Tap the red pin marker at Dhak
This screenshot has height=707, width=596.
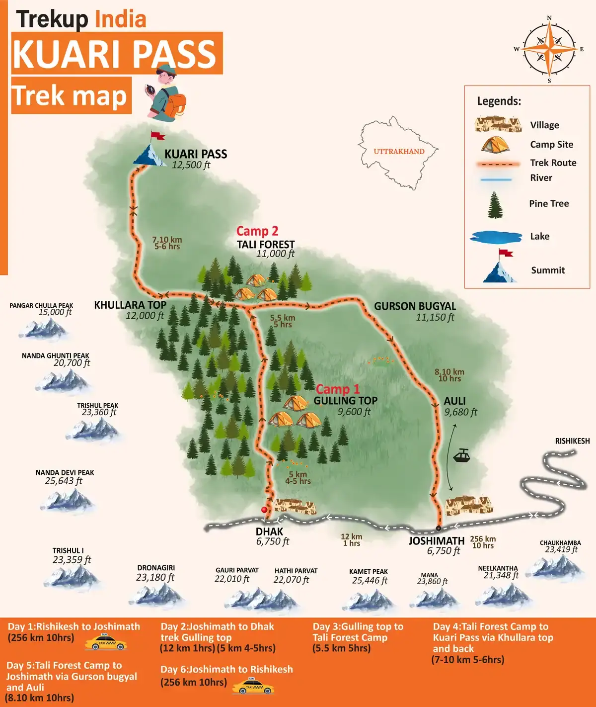264,510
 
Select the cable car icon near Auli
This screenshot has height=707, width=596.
462,455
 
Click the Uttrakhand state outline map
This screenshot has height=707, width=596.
398,152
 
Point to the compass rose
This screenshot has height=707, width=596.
549,49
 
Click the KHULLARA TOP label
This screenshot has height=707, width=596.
130,305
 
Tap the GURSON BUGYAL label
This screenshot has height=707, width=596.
415,306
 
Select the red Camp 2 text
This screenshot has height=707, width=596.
257,231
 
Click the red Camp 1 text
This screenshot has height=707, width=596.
337,389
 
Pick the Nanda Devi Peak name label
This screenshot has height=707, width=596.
65,472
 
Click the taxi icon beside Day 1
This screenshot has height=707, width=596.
105,642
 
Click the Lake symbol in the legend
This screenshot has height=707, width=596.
496,237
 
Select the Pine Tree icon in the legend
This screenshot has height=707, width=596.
495,205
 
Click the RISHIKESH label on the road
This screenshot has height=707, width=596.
572,441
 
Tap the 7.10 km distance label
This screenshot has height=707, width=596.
167,240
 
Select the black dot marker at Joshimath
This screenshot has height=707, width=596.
438,528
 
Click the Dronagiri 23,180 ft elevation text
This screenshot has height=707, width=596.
155,577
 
